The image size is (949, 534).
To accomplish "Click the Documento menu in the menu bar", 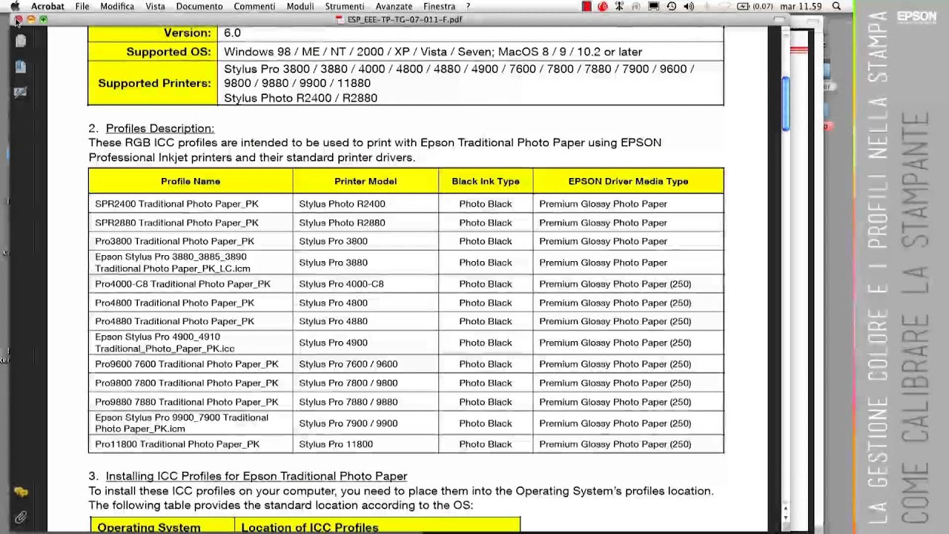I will point(199,7).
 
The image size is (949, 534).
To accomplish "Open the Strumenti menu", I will point(344,7).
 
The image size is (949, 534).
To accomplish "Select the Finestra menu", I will point(439,7).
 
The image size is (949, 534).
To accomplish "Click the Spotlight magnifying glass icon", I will point(836,7).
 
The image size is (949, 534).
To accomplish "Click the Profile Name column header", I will point(191,181).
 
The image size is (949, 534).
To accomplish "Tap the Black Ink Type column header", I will point(486,181).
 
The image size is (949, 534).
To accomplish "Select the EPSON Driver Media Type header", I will point(628,181).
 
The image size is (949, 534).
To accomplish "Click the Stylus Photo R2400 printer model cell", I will point(342,204).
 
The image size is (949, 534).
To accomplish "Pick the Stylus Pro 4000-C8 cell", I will point(341,284).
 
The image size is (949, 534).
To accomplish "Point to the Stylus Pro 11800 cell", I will point(336,444).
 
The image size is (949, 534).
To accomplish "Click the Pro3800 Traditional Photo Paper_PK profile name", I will point(174,241).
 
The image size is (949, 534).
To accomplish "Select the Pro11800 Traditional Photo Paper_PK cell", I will point(177,444).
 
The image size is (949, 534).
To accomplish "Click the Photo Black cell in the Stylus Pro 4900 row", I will point(486,343).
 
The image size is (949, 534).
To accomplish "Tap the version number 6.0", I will point(232,33).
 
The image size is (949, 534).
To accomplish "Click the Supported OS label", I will point(168,52).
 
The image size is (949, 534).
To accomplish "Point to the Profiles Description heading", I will point(159,128).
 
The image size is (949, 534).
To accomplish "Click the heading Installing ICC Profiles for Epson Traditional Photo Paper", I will point(256,476).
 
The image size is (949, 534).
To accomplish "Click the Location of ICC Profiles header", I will point(309,527).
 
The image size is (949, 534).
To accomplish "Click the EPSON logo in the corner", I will point(916,16).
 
